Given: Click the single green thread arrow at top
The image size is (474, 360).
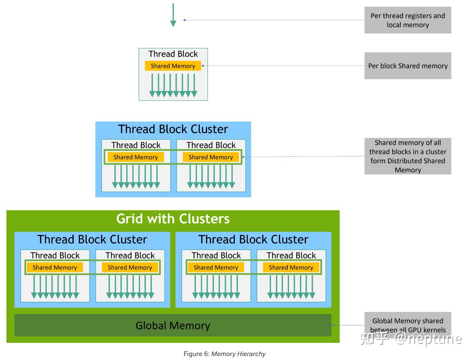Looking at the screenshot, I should coord(173,15).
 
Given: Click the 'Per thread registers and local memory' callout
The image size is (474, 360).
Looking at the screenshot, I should coord(408,20).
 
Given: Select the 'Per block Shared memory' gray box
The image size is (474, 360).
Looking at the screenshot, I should coord(408,66).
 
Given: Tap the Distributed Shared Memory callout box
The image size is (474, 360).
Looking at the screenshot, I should coord(408,156).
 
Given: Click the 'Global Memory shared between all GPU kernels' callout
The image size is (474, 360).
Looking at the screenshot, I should coord(408,325).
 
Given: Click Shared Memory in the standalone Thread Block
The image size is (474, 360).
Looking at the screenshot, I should coord(173,66).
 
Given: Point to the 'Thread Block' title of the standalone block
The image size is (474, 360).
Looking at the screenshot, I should coord(173,54).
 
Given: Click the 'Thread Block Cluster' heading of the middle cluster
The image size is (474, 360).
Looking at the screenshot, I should coord(173,129).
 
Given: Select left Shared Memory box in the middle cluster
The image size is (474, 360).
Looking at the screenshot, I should coord(135,157).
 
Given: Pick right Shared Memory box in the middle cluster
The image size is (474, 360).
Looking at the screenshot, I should coord(211,157).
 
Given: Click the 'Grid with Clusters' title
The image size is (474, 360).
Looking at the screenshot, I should coord(173,219).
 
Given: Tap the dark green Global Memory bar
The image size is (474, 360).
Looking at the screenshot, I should coord(173,325).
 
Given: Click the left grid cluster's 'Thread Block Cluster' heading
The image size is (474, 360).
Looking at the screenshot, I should coord(92,239).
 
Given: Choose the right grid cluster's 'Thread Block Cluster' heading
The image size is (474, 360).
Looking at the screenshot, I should coord(253,239).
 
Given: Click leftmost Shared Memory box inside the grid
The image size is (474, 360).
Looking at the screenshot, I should coord(55,268).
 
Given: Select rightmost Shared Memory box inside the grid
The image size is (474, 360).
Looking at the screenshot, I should coord(291,268).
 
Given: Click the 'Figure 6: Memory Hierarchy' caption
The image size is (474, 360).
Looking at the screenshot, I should coord(224,354).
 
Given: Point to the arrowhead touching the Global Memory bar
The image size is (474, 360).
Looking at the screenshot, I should coord(333,325).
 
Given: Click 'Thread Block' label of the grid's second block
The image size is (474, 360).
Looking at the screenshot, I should coord(130,255).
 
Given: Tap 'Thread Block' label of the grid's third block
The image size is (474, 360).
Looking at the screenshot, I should coord(216,255).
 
